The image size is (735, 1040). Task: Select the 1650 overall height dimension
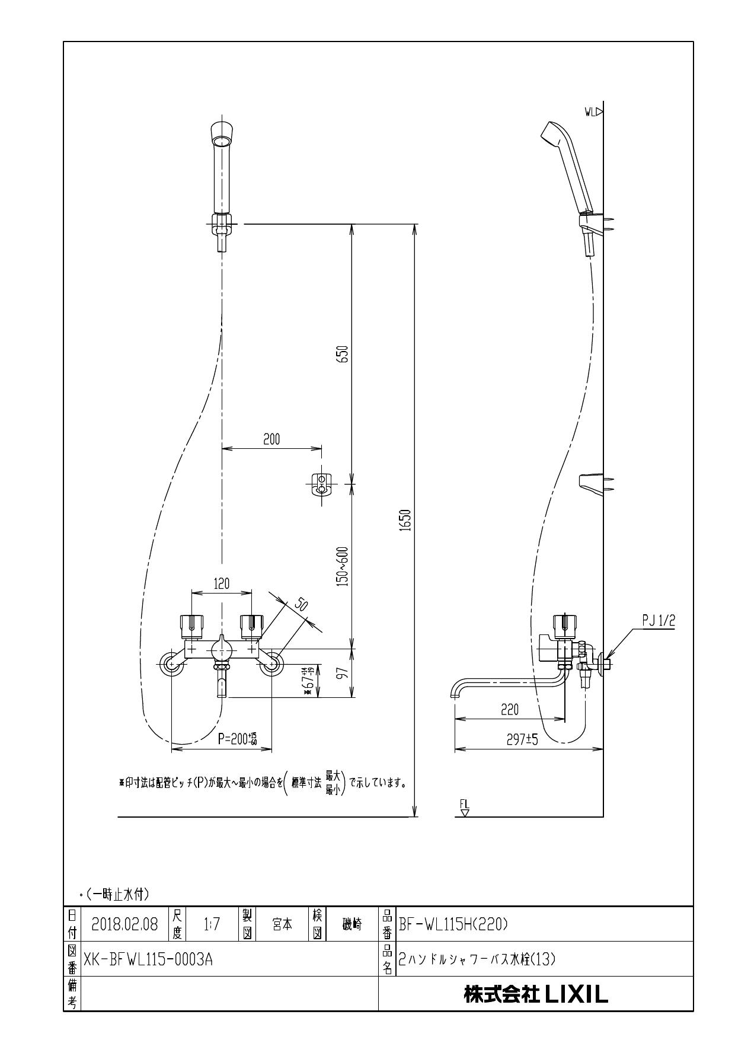coord(406,520)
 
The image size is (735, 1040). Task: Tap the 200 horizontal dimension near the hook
coord(271,439)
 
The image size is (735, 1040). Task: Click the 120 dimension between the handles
coord(222,584)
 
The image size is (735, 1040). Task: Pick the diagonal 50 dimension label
coord(301,604)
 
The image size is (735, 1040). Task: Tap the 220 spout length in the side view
coord(510,710)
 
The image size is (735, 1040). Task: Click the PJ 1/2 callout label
coord(659,621)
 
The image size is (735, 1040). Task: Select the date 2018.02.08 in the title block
coord(125,924)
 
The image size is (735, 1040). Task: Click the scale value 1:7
coord(212,924)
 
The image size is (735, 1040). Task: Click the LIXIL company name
coord(536,994)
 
